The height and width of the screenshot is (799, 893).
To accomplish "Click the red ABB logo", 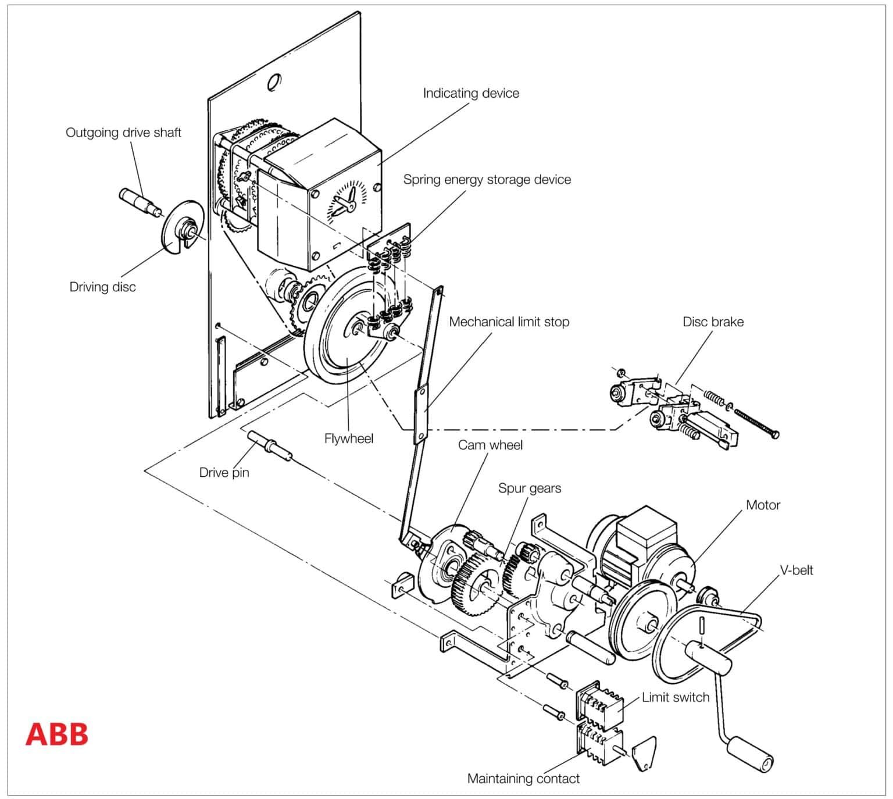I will click(x=56, y=734).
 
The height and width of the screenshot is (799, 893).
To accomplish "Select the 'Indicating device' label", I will click(x=470, y=93).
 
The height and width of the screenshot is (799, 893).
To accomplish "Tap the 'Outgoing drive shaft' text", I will click(x=123, y=133).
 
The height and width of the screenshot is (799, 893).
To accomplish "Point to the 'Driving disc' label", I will click(x=102, y=287).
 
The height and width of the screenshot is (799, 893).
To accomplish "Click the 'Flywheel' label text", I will click(x=348, y=438).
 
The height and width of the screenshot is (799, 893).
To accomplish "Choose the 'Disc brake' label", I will click(x=713, y=322).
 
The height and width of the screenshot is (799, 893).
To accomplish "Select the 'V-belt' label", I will click(x=796, y=570).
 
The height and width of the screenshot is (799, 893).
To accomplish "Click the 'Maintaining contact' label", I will click(x=523, y=779).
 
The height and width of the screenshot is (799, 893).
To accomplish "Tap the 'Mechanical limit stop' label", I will click(x=509, y=322).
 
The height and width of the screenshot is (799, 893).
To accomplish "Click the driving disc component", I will click(x=183, y=227).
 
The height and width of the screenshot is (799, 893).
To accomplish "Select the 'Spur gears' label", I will click(x=529, y=488).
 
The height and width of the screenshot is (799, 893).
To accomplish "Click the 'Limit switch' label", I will click(x=675, y=697).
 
